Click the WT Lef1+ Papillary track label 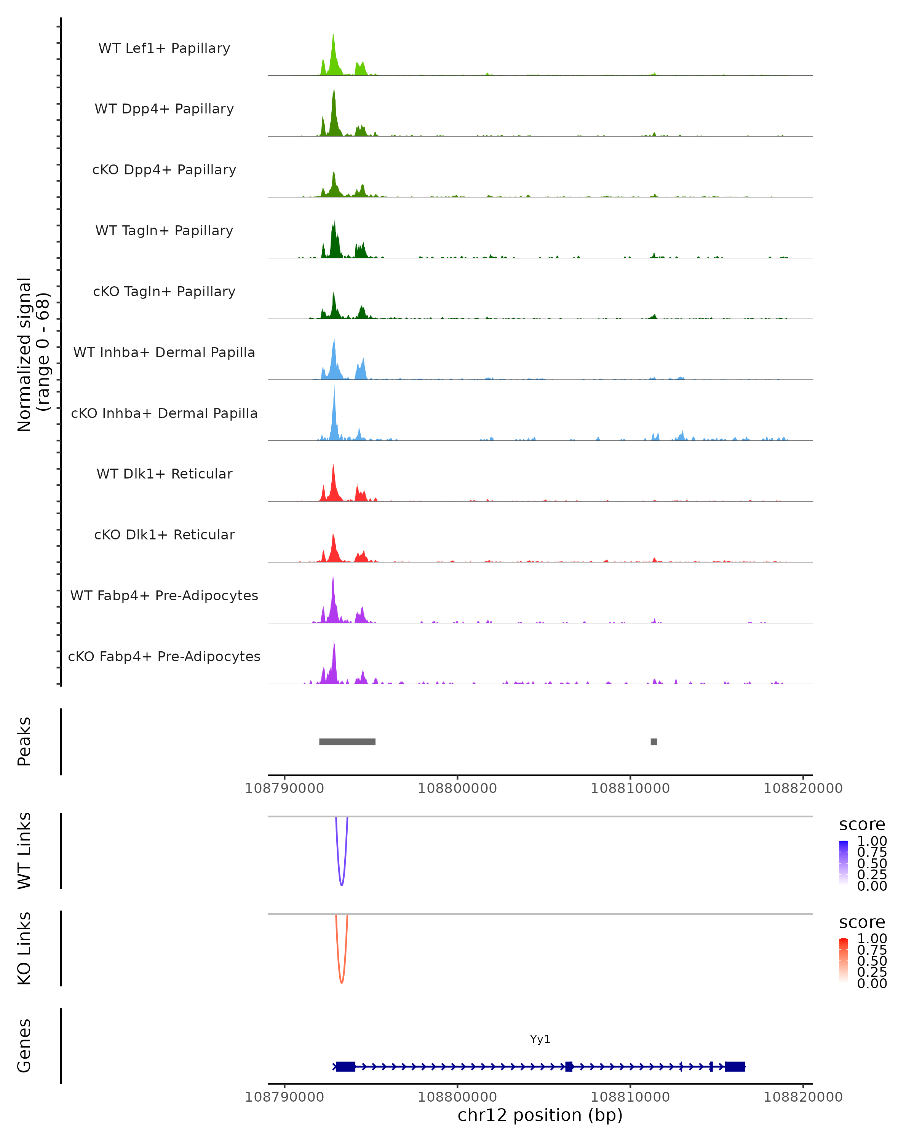tap(164, 48)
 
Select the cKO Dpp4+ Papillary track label tap(164, 170)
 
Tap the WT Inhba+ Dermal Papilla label tap(164, 353)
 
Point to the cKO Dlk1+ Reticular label tap(164, 535)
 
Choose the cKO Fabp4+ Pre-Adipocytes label tap(164, 657)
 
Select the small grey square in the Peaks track tap(654, 742)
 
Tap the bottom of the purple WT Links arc tap(342, 885)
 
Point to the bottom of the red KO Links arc tap(342, 982)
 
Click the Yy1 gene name tap(540, 1039)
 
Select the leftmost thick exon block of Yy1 tap(345, 1066)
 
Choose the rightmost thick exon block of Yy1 tap(735, 1066)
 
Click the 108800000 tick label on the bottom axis tap(457, 1097)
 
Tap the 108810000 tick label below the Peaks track tap(630, 788)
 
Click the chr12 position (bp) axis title tap(540, 1115)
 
